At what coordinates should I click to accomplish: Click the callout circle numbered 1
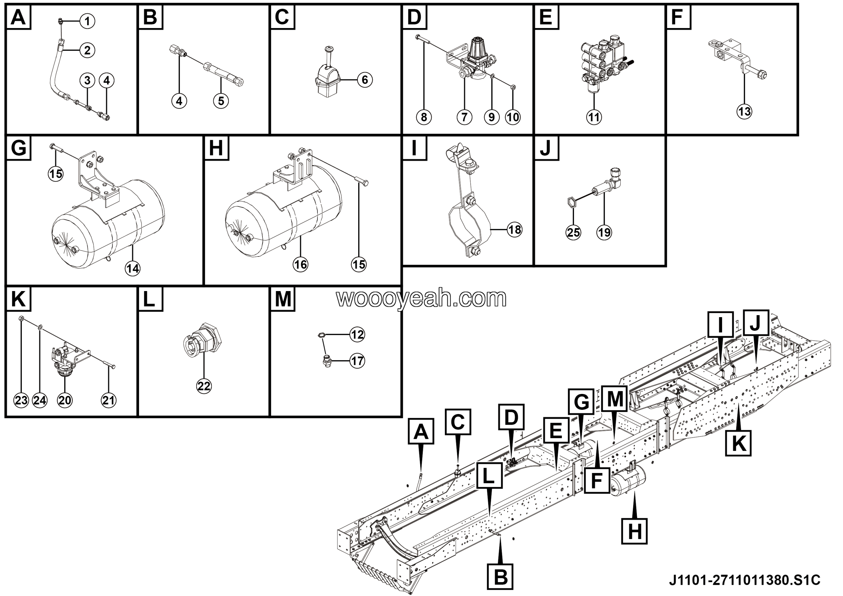coord(87,21)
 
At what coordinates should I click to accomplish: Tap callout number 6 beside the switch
coord(365,80)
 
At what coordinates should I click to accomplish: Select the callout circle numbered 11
coord(594,117)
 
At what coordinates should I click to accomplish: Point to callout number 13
coord(744,111)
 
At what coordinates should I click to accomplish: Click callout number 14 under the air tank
coord(133,269)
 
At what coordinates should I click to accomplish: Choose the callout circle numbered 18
coord(514,230)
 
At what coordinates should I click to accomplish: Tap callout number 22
coord(204,386)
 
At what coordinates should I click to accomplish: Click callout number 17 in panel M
coord(357,361)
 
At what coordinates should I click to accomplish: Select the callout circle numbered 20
coord(65,400)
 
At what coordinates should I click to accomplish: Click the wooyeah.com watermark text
coord(421,298)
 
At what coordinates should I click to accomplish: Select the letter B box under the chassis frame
coord(501,577)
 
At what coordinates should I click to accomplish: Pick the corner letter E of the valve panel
coord(546,17)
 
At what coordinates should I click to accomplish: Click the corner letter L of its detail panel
coord(150,299)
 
